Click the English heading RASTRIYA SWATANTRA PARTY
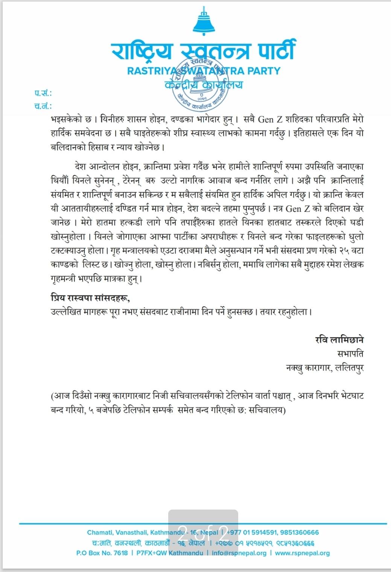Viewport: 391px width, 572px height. coord(204,71)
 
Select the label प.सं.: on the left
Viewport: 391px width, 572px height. coord(43,93)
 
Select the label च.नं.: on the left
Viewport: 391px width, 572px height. coord(43,106)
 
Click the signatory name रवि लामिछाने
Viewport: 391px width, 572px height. coord(339,340)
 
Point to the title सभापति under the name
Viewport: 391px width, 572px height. coord(350,354)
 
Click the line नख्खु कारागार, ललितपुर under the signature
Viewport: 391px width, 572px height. coord(325,367)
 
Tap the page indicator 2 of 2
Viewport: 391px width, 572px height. coord(203,531)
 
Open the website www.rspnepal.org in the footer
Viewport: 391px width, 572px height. coord(302,553)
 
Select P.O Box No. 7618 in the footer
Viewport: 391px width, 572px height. coord(102,553)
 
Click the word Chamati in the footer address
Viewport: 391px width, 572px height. coord(99,532)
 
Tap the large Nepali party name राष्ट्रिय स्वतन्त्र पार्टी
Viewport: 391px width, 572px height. coord(204,50)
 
